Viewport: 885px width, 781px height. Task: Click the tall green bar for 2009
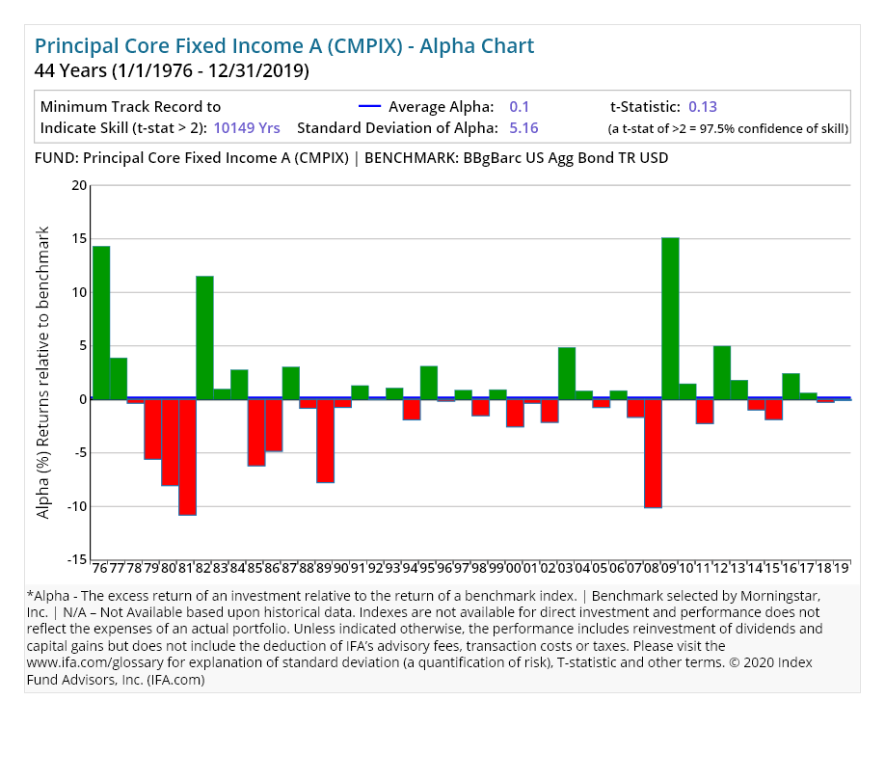point(670,318)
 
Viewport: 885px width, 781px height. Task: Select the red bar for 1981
point(187,457)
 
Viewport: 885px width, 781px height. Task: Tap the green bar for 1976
point(101,323)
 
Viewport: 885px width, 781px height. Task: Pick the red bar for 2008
point(653,453)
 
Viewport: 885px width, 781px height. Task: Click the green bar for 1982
point(204,337)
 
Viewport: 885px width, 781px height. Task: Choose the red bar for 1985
point(256,433)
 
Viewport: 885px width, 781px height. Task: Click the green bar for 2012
point(722,372)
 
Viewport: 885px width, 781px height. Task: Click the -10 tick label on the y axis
point(76,506)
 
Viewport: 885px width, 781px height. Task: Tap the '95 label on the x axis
point(428,569)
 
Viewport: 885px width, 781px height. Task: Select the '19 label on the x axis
point(841,569)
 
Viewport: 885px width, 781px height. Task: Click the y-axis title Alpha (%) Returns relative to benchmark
point(43,372)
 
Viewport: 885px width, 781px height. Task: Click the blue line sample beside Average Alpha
point(370,107)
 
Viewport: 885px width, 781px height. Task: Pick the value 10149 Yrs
point(247,127)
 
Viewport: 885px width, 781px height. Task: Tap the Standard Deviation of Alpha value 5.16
point(523,127)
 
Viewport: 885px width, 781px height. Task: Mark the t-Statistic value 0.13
point(703,107)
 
